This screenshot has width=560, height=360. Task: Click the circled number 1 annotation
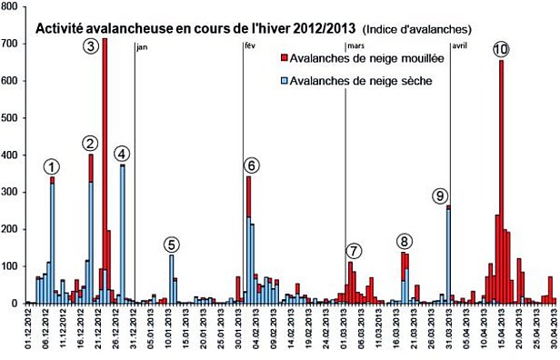click(53, 166)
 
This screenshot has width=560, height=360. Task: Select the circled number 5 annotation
click(172, 244)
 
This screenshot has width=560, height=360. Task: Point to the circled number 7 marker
click(354, 251)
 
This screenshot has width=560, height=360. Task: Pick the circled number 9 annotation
click(441, 195)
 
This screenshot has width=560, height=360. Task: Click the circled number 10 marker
click(500, 48)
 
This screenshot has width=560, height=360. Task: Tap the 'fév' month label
click(250, 46)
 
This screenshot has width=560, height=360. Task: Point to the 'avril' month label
click(461, 46)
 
